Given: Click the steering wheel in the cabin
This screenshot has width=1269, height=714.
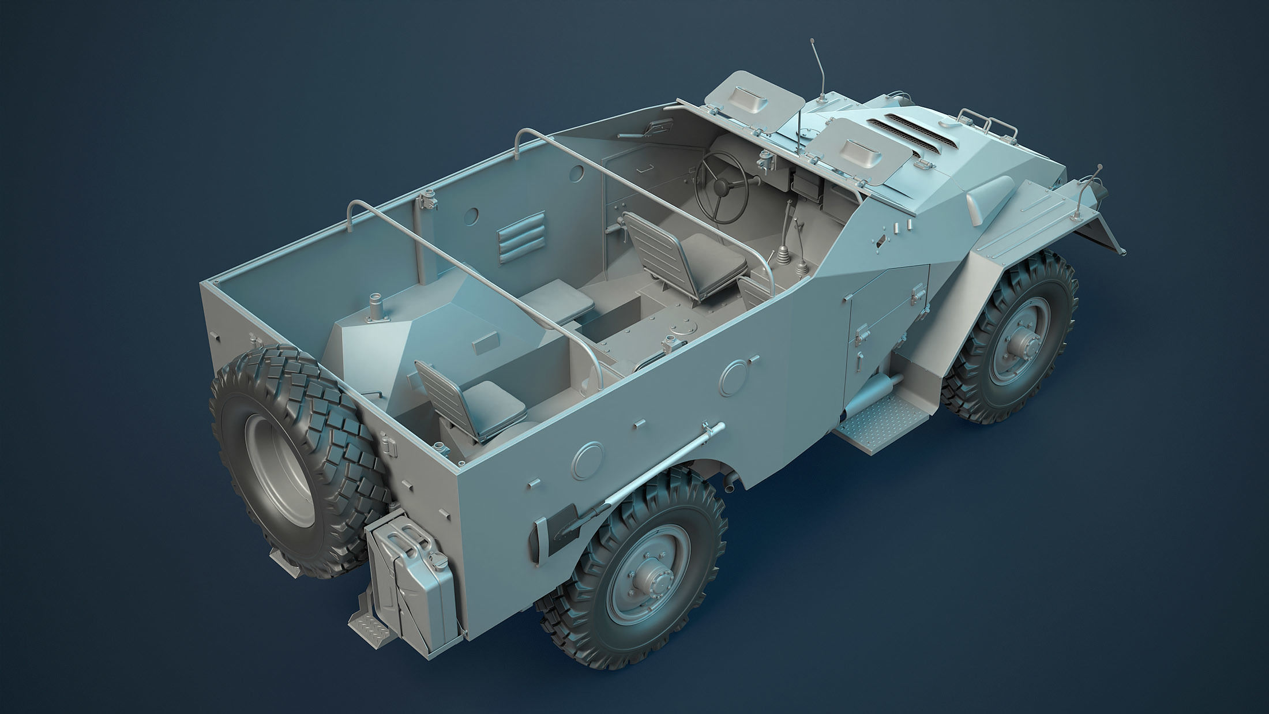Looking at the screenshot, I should click(x=722, y=183).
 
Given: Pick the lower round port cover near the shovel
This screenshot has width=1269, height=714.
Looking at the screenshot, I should click(x=588, y=459).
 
